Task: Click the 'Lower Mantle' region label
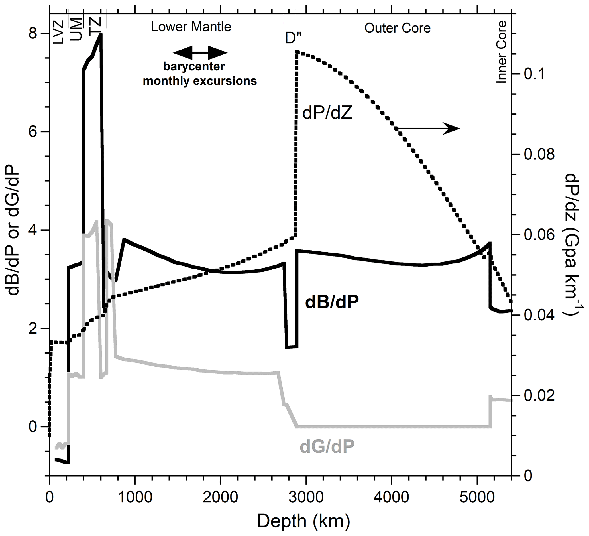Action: pyautogui.click(x=191, y=27)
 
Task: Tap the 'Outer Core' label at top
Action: pyautogui.click(x=397, y=28)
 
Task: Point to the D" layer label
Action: pyautogui.click(x=293, y=38)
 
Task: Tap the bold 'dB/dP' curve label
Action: pyautogui.click(x=332, y=302)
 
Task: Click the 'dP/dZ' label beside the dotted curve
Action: pyautogui.click(x=327, y=113)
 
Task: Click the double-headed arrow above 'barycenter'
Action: pyautogui.click(x=200, y=53)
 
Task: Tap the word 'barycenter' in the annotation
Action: pyautogui.click(x=194, y=67)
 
